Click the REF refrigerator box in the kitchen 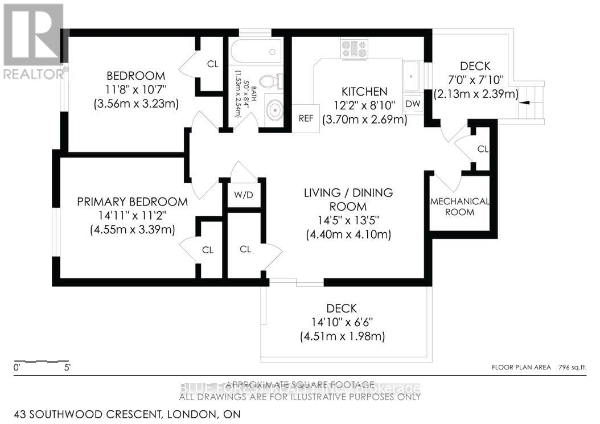(x=305, y=119)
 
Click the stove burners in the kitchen (x=354, y=49)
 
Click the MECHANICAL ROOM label (x=459, y=207)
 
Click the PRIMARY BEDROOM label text (x=132, y=201)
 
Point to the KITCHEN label (x=364, y=92)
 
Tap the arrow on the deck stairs (x=525, y=103)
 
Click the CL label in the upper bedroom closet (x=212, y=64)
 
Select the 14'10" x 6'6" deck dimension (x=342, y=323)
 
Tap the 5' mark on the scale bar (x=67, y=368)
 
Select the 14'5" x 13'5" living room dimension (x=348, y=221)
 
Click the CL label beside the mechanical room (x=483, y=149)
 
